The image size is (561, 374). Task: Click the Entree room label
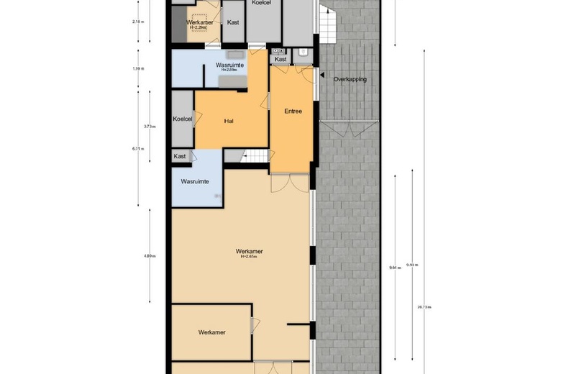click(x=293, y=111)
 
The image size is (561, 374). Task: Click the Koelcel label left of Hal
click(x=183, y=119)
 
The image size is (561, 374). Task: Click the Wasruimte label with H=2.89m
click(x=229, y=67)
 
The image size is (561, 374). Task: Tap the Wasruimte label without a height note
click(x=195, y=182)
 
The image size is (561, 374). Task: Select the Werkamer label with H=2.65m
click(x=249, y=252)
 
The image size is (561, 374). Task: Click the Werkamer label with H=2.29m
click(x=199, y=24)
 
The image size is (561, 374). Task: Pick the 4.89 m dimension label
click(x=148, y=256)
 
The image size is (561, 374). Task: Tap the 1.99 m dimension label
click(x=137, y=69)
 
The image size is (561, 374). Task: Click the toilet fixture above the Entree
click(x=303, y=53)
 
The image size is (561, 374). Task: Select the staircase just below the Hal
click(x=255, y=156)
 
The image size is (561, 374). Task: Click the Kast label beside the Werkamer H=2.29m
click(x=233, y=23)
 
